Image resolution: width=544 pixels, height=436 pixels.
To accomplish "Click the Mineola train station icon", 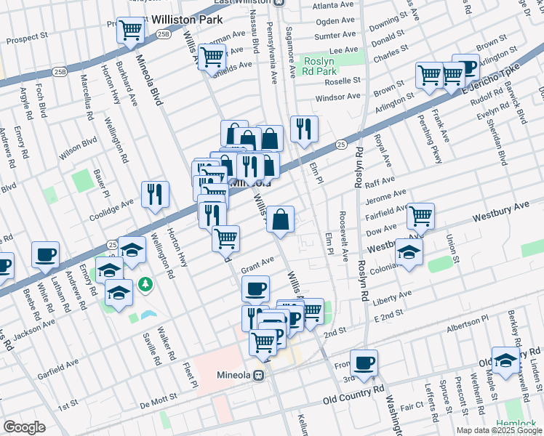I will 258,376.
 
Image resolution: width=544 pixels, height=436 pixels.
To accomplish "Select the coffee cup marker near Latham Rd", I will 45,254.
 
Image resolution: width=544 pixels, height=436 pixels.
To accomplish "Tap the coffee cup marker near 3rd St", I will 364,361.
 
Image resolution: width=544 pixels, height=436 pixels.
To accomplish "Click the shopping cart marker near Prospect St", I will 130,31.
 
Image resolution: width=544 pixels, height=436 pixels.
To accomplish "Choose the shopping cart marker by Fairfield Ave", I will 420,215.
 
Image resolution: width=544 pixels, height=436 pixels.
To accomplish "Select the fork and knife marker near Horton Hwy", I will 155,194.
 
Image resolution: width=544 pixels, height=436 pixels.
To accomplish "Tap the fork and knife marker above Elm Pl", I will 303,129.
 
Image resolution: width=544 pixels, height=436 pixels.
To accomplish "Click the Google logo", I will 24,427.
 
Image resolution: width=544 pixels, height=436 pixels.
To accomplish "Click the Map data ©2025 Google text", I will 500,430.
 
